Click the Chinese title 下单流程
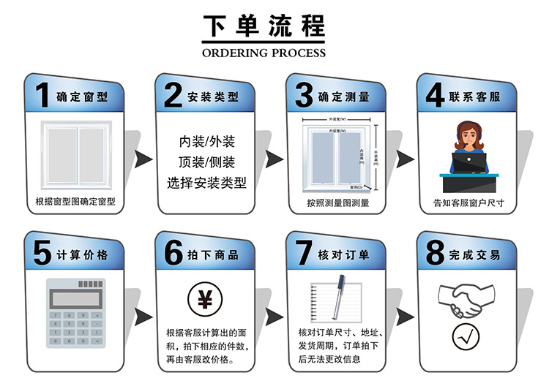pyautogui.click(x=263, y=27)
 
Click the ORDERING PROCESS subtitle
pyautogui.click(x=263, y=53)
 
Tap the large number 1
pyautogui.click(x=42, y=96)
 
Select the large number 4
pyautogui.click(x=435, y=96)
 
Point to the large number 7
pyautogui.click(x=303, y=254)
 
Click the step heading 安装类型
pyautogui.click(x=213, y=97)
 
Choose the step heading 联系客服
pyautogui.click(x=474, y=97)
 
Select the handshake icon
pyautogui.click(x=465, y=299)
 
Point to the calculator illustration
pyautogui.click(x=74, y=314)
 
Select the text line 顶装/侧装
pyautogui.click(x=206, y=161)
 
